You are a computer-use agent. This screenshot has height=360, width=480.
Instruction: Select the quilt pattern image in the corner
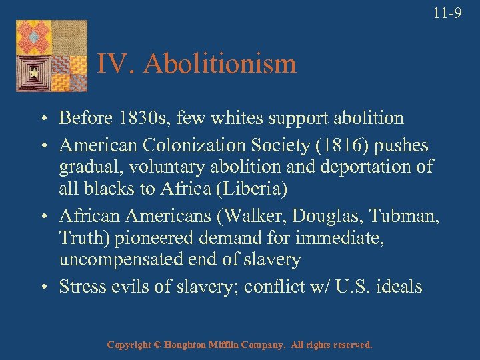click(x=51, y=56)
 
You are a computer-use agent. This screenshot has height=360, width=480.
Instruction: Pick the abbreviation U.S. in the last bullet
click(x=351, y=287)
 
